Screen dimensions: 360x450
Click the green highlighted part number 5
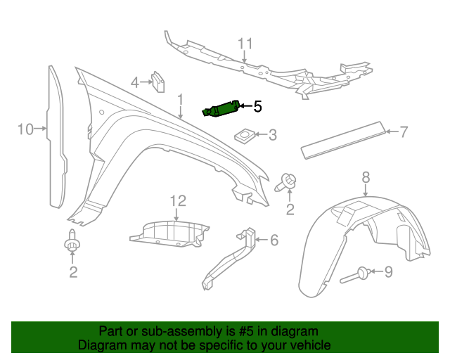[221, 110]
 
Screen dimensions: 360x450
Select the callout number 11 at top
[244, 44]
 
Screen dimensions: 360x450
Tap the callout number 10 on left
[25, 129]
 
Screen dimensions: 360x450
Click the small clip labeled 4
[159, 82]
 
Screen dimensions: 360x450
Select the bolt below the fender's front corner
[71, 243]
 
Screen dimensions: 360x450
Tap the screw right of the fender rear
[288, 182]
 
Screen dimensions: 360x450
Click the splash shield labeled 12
[169, 234]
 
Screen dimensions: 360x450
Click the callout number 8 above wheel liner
[366, 176]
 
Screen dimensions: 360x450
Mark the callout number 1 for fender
[180, 99]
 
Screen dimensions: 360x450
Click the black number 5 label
[257, 106]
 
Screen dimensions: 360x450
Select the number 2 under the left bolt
[73, 271]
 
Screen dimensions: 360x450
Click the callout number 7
[404, 131]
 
